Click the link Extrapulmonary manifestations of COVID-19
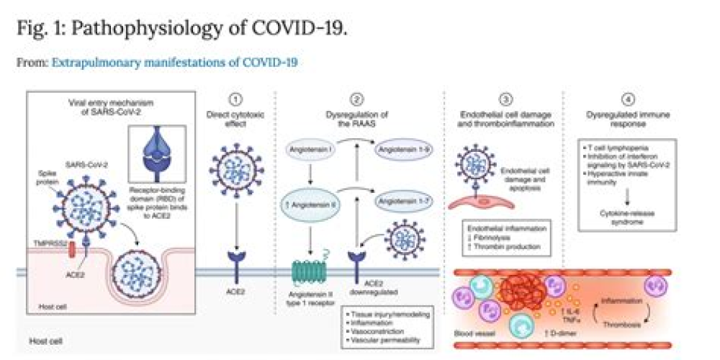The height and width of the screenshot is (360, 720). (174, 63)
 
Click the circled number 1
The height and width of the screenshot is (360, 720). (237, 99)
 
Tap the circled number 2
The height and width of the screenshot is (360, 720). (359, 99)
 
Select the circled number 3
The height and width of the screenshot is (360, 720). (506, 99)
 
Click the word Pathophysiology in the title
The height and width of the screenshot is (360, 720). (138, 30)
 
